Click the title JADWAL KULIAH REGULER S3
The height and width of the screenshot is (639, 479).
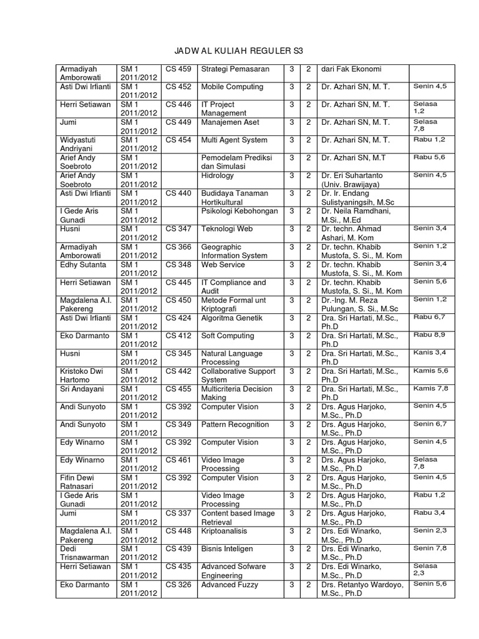[239, 50]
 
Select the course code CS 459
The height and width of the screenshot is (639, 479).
[178, 69]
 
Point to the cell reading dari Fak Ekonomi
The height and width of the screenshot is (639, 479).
[351, 69]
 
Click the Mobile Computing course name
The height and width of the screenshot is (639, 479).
[232, 87]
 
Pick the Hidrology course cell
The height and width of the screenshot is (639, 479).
[218, 176]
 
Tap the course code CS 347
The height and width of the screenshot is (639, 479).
[178, 230]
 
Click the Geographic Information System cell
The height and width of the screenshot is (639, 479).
[234, 251]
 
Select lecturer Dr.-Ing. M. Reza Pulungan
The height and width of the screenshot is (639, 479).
[359, 305]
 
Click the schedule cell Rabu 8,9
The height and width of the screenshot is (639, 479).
[427, 335]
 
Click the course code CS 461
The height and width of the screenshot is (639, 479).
[178, 461]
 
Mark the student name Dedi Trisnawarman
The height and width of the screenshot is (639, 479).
[84, 554]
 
